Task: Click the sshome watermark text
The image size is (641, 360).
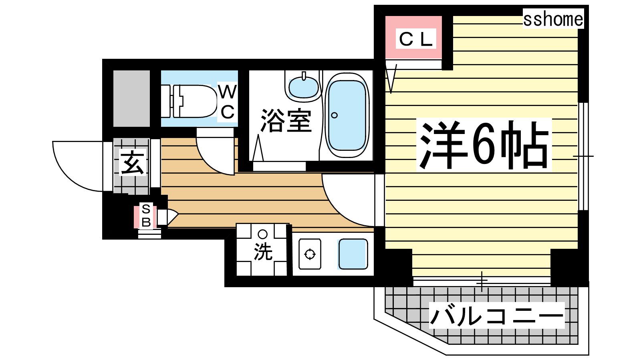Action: point(553,19)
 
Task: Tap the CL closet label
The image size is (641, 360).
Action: point(416,39)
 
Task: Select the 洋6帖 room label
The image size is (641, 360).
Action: point(484,145)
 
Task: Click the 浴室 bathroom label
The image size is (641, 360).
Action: point(286,120)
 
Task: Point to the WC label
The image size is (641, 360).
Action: point(228,102)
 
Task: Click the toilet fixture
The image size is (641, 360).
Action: point(189,101)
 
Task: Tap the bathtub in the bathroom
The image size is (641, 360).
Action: point(347,115)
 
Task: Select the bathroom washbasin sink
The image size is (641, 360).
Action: point(303,87)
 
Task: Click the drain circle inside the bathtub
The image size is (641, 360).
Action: point(334,116)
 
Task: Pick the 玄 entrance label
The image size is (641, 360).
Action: point(132,162)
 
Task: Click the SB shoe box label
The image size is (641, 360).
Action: point(146,216)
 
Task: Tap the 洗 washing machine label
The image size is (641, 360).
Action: point(263,252)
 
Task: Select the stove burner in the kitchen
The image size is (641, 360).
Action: point(310,254)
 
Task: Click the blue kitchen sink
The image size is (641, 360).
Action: point(353,254)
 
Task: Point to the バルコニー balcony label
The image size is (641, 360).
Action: point(497,316)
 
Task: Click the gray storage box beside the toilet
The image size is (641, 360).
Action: point(132,98)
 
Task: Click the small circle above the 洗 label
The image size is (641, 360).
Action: point(262,234)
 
